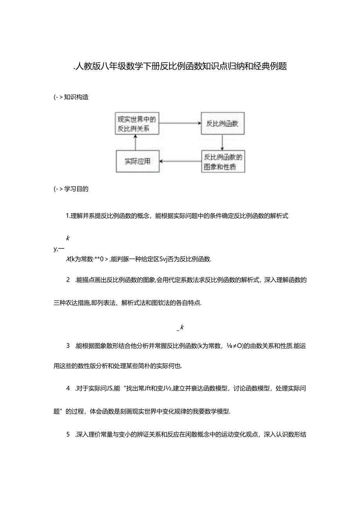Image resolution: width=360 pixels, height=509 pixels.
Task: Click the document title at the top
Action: (180, 67)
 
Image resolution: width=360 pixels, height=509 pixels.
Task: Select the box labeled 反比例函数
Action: (223, 124)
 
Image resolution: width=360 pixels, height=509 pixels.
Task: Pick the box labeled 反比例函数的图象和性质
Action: (223, 162)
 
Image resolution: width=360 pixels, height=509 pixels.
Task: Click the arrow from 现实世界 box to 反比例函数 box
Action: (179, 123)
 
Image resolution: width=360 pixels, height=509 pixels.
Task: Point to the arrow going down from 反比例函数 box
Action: (222, 142)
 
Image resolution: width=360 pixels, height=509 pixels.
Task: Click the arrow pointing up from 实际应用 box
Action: (135, 142)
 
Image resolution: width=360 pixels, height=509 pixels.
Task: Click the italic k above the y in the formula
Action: (68, 238)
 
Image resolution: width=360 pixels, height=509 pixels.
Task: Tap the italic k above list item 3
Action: (182, 327)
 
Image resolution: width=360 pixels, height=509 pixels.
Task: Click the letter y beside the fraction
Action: (55, 248)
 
